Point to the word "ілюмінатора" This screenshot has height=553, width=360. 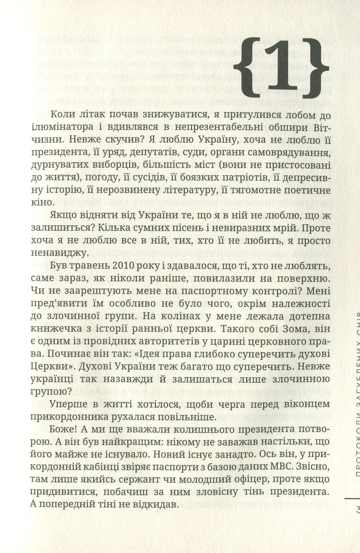pos(62,128)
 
